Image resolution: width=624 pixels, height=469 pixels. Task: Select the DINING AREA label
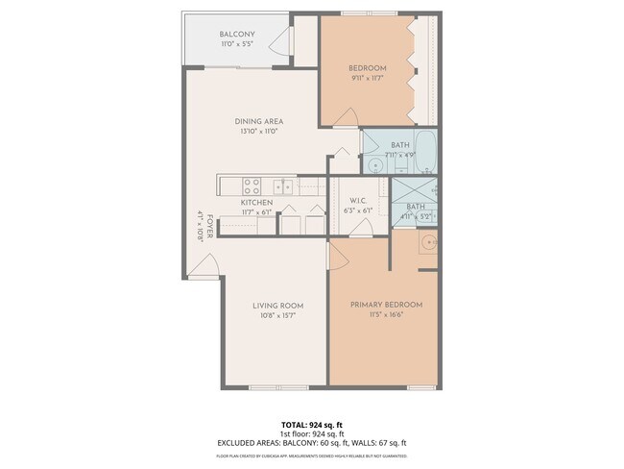click(x=257, y=121)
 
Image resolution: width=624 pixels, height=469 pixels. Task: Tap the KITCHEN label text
click(x=256, y=203)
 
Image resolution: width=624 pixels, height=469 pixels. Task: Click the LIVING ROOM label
click(x=277, y=306)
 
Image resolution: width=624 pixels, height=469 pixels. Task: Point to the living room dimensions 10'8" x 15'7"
click(x=277, y=316)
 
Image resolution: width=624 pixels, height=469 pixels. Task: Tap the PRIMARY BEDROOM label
click(x=386, y=305)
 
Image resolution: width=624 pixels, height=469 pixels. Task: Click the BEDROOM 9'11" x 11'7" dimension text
click(x=367, y=79)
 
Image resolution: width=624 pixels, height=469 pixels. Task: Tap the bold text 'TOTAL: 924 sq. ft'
click(x=311, y=424)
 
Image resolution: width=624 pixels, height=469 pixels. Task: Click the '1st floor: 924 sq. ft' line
click(x=311, y=433)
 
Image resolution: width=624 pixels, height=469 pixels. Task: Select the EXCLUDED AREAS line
click(x=311, y=443)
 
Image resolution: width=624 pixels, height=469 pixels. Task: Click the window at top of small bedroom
click(x=366, y=13)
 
